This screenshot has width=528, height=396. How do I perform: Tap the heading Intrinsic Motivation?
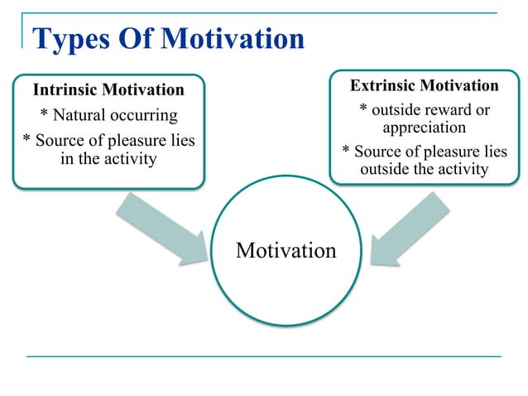pos(108,89)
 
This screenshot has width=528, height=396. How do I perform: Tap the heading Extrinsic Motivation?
pos(424,86)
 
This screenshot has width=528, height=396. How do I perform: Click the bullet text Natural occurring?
pos(108,115)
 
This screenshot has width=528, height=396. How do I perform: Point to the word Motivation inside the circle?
pos(286,250)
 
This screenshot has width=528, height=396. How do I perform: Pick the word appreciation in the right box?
pos(424,128)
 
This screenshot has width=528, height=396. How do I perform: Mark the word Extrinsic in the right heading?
pos(385,86)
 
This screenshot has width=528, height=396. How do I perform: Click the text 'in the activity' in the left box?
pos(108,158)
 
